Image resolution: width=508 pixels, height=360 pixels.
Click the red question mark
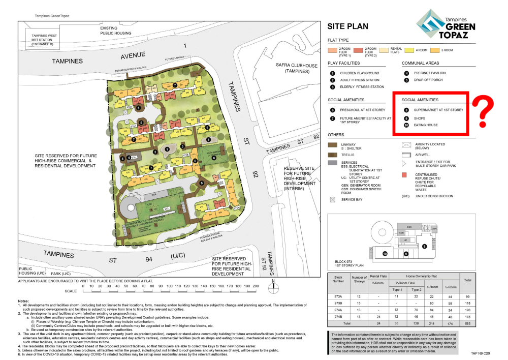coord(485,112)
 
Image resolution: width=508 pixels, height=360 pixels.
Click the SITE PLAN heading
coord(348,26)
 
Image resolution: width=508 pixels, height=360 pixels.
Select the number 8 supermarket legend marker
coord(406,110)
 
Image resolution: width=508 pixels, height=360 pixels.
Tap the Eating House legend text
coord(425,125)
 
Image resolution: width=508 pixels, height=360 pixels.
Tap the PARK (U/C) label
coord(46,274)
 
